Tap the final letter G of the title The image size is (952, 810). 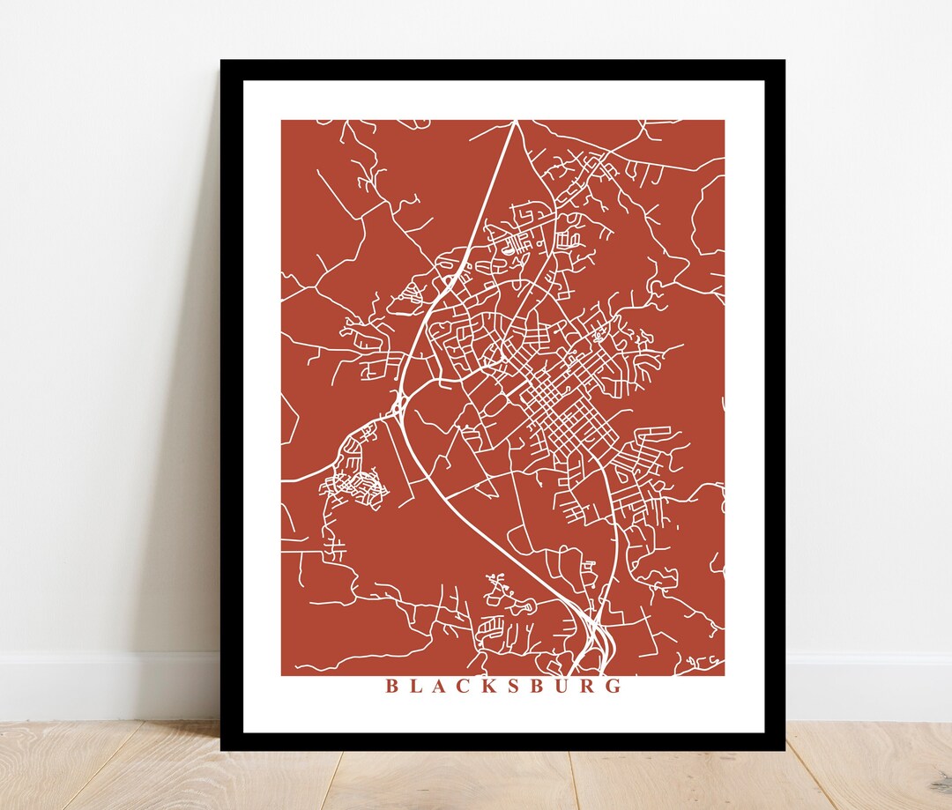point(614,687)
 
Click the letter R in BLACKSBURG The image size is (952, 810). point(588,687)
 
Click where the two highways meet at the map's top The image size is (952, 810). point(514,123)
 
